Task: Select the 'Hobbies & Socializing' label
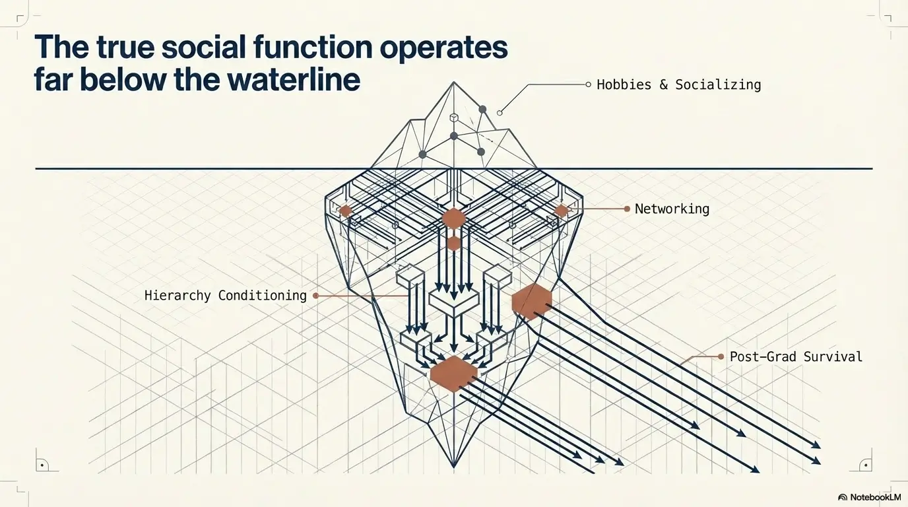click(678, 84)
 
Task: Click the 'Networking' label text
click(672, 209)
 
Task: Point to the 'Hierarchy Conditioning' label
click(225, 295)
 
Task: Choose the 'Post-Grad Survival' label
click(796, 356)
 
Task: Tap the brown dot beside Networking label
click(627, 209)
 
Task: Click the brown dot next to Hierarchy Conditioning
click(315, 296)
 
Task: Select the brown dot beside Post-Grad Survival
click(721, 356)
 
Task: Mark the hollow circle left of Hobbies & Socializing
click(588, 84)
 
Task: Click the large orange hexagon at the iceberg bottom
click(453, 373)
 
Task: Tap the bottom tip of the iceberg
click(454, 467)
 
